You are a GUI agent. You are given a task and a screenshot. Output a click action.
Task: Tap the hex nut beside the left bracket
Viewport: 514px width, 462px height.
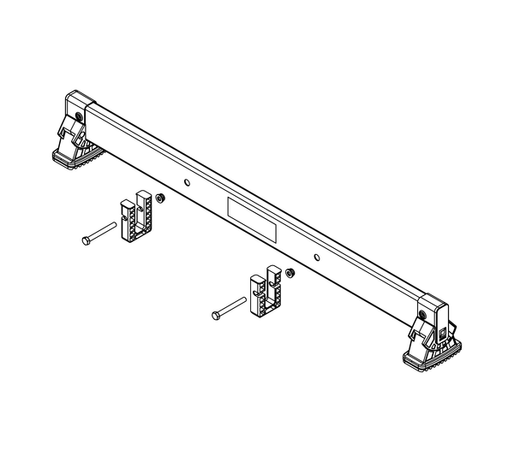[161, 198]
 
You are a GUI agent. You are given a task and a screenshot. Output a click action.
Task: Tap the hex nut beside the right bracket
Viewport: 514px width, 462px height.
[290, 273]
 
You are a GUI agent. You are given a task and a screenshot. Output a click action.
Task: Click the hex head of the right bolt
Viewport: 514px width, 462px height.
[213, 317]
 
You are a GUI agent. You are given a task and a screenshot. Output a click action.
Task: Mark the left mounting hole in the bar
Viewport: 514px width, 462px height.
[188, 180]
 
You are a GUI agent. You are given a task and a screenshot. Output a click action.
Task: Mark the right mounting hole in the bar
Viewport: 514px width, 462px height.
[317, 255]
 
